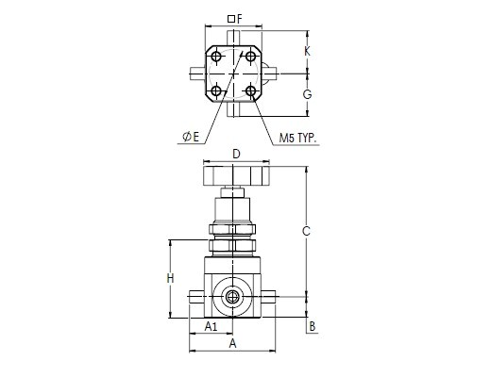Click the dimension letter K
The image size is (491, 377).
[x=307, y=51]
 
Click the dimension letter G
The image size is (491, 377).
[x=307, y=94]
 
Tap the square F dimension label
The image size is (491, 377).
[x=235, y=19]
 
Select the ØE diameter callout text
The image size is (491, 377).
[x=191, y=137]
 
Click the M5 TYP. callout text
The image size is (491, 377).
[x=297, y=138]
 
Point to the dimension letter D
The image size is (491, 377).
[x=236, y=155]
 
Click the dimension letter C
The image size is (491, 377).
[x=306, y=231]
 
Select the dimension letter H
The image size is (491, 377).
[x=170, y=278]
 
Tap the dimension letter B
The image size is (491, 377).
[x=312, y=326]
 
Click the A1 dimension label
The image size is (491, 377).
[x=211, y=327]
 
